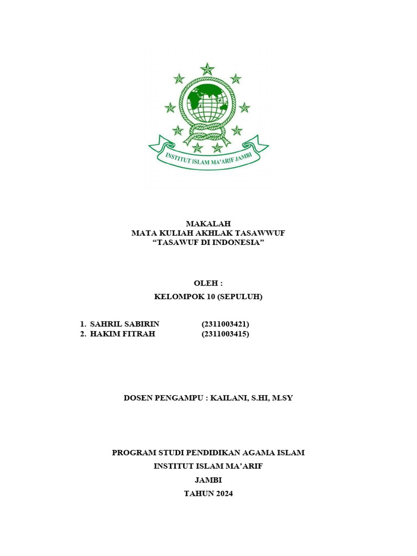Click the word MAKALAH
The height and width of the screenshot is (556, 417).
click(208, 224)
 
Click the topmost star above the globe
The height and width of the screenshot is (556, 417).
click(207, 69)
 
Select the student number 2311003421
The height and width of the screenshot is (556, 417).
click(225, 324)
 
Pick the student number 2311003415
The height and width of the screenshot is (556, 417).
click(225, 334)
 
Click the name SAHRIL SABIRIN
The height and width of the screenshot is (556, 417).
click(125, 324)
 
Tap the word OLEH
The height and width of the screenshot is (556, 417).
click(206, 283)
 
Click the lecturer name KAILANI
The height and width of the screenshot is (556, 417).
click(229, 398)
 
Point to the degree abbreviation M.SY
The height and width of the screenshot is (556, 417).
click(282, 398)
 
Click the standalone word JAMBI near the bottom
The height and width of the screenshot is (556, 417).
click(208, 480)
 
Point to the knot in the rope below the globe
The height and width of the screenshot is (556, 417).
click(207, 134)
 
